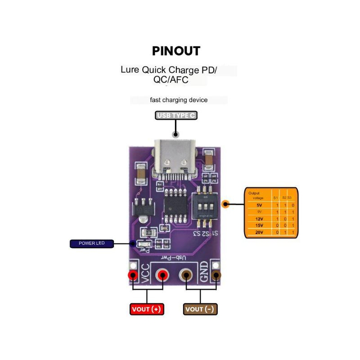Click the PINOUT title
coord(176,51)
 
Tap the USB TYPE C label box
coord(176,116)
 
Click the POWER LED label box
coord(92,244)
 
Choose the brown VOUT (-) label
coord(201,309)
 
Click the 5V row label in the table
coord(259,205)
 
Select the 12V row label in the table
coord(259,218)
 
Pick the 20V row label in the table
coord(259,232)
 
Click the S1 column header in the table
coord(275,198)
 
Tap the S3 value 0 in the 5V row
coord(292,205)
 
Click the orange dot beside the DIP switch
coord(226,204)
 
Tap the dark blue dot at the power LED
coord(132,244)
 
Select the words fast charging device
coord(179,100)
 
